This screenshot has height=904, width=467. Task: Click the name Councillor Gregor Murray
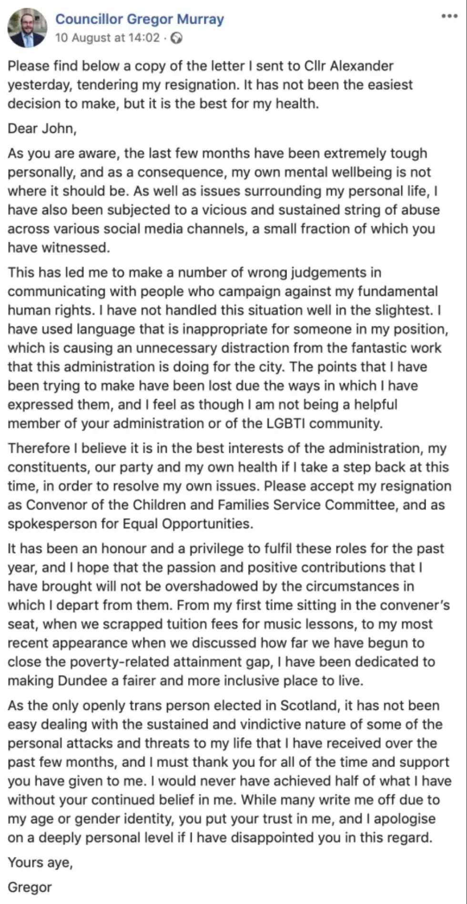point(140,19)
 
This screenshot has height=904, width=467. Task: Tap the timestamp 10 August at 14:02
point(107,38)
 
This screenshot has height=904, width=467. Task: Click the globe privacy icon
point(176,38)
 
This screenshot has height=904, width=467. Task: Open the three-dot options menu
point(449,17)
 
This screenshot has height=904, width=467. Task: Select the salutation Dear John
point(42,129)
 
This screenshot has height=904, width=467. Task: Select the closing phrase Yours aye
point(40,862)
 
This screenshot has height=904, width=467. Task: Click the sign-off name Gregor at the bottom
point(30,887)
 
